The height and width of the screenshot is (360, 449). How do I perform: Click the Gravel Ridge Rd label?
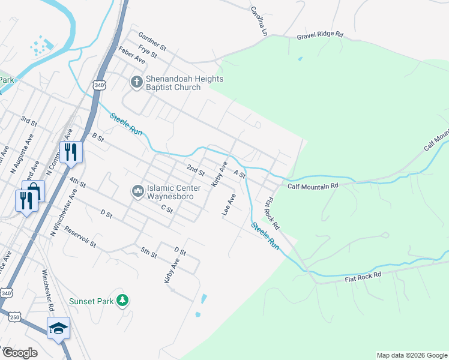pos(319,36)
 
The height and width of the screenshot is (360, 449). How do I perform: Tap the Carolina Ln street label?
pos(259,19)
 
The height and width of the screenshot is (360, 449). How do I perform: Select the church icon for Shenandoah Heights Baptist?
pos(136,81)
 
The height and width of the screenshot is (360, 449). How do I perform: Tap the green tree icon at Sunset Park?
pos(122,299)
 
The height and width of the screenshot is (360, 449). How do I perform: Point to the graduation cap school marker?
pos(58,328)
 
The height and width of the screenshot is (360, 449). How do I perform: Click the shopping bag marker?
pos(34,191)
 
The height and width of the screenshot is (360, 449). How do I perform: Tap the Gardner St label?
pos(152,41)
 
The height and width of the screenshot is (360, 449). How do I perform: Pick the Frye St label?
pos(147,52)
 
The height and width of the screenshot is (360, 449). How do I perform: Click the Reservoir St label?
pos(80,237)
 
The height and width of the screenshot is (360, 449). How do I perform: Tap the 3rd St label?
pos(29,122)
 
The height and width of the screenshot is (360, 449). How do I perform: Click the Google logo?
pos(20,353)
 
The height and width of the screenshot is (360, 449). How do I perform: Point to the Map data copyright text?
pos(411,355)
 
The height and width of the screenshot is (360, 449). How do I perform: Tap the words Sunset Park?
pos(91,301)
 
